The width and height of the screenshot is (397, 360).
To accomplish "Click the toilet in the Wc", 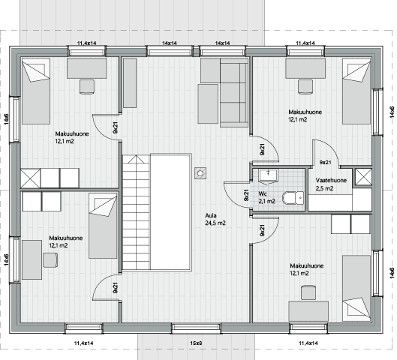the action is pyautogui.click(x=293, y=197).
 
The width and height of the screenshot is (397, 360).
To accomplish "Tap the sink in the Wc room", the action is pyautogui.click(x=268, y=175).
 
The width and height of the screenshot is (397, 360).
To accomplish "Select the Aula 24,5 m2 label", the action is pyautogui.click(x=215, y=219).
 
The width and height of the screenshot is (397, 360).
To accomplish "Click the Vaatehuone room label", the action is pyautogui.click(x=331, y=181).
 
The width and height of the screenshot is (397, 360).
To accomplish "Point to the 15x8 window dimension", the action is pyautogui.click(x=196, y=343).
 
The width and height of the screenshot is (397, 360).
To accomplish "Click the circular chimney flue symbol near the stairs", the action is pyautogui.click(x=200, y=173).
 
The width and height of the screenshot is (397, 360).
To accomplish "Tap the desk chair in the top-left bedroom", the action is pyautogui.click(x=87, y=87).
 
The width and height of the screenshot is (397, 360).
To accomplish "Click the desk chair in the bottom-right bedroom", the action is pyautogui.click(x=308, y=292).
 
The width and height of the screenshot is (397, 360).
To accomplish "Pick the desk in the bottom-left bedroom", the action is pyautogui.click(x=32, y=259).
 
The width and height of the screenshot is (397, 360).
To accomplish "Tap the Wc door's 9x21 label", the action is pyautogui.click(x=246, y=195).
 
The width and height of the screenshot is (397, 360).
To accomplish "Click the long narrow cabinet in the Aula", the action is pyautogui.click(x=130, y=83).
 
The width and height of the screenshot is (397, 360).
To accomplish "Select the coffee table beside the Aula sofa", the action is pyautogui.click(x=208, y=104).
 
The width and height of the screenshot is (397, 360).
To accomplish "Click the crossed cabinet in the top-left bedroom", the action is pyautogui.click(x=30, y=178).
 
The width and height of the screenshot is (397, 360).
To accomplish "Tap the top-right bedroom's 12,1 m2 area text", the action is pyautogui.click(x=298, y=119).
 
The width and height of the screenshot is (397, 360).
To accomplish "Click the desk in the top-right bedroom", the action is pyautogui.click(x=305, y=68).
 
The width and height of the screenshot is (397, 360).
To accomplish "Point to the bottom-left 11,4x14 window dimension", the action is pyautogui.click(x=83, y=343).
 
